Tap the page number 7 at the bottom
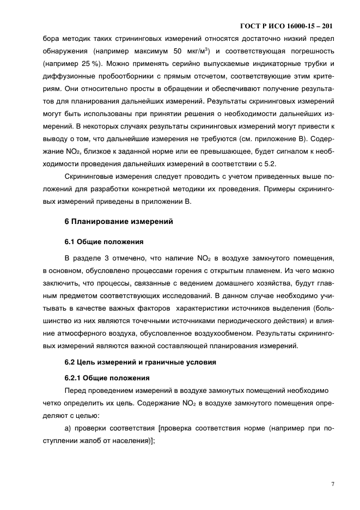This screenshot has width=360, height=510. tap(332, 483)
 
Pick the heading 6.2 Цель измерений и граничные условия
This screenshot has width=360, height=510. tap(133, 361)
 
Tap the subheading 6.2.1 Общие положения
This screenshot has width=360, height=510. tap(107, 377)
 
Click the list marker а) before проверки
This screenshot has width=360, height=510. tap(69, 428)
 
